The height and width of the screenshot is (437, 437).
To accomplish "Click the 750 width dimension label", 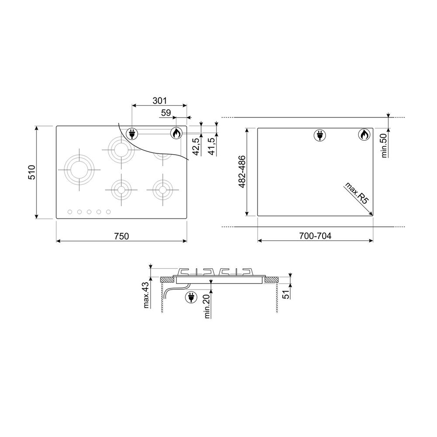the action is tap(121, 236).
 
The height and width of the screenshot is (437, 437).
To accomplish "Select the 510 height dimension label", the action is tap(32, 172).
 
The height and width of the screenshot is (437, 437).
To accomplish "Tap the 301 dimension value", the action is tap(160, 101).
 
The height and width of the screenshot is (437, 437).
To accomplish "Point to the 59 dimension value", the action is tap(166, 113).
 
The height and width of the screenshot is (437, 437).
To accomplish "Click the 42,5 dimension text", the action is tap(197, 146).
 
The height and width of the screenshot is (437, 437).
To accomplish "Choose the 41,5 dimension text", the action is tap(212, 146).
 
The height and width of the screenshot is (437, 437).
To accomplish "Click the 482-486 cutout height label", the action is tap(242, 172).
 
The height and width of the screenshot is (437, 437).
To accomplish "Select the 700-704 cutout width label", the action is tap(315, 236).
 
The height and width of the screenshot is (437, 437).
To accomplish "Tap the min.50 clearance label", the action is tap(384, 146).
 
